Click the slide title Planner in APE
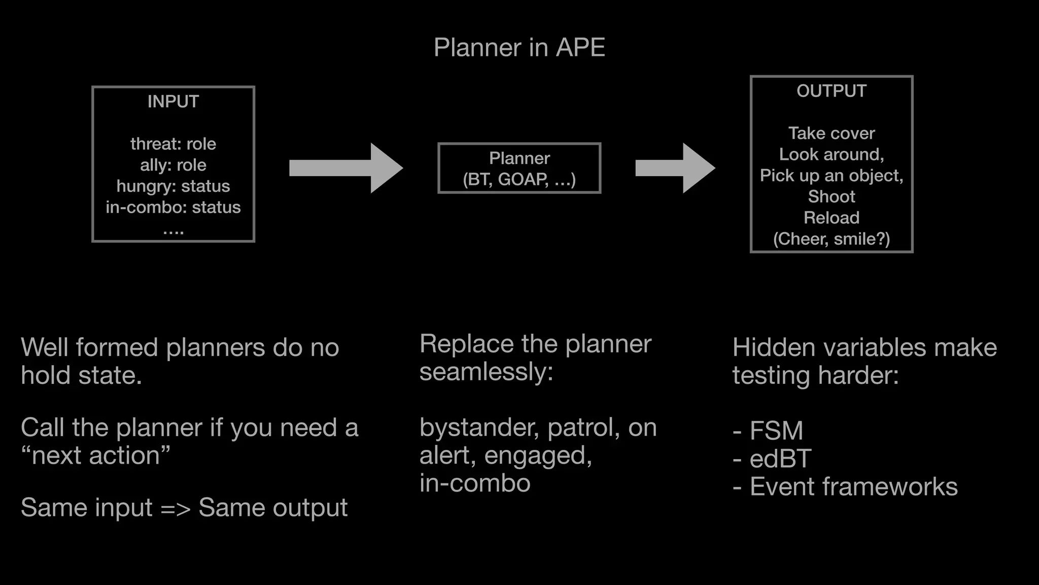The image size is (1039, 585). (x=519, y=48)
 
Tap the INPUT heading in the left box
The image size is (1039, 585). (x=173, y=102)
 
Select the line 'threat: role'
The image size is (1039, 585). (x=173, y=144)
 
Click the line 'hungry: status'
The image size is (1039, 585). (x=173, y=186)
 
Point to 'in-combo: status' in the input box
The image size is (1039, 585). (x=173, y=207)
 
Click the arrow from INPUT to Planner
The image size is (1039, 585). (x=345, y=168)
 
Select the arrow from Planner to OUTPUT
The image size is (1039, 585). (x=675, y=168)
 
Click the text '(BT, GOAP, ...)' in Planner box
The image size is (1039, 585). (x=519, y=179)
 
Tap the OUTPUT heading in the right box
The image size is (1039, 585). (x=831, y=91)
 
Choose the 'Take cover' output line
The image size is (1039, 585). (x=831, y=133)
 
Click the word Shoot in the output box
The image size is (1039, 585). (x=831, y=197)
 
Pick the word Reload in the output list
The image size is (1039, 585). (x=831, y=218)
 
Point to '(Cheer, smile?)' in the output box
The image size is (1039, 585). (x=831, y=239)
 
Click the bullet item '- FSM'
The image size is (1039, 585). (x=768, y=431)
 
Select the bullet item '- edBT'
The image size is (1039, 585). (x=772, y=459)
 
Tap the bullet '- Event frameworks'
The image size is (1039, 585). (x=845, y=486)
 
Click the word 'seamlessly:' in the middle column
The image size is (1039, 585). (x=486, y=372)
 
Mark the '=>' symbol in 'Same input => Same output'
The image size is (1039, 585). (x=175, y=508)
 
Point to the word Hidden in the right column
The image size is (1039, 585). (x=771, y=348)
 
